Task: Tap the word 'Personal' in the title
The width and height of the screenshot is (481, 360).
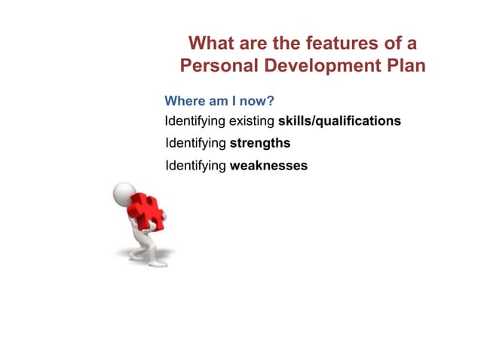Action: [x=219, y=66]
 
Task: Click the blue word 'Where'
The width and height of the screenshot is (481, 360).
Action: [x=183, y=101]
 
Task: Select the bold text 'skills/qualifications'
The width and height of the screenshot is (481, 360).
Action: [x=339, y=121]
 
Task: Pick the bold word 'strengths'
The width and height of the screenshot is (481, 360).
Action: [x=260, y=142]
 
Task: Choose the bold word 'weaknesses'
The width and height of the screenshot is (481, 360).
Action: [x=268, y=166]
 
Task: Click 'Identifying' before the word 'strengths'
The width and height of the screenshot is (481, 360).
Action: [x=195, y=142]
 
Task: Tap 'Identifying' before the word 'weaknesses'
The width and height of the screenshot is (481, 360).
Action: [x=195, y=166]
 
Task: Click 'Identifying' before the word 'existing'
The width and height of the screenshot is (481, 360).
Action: [x=195, y=121]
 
